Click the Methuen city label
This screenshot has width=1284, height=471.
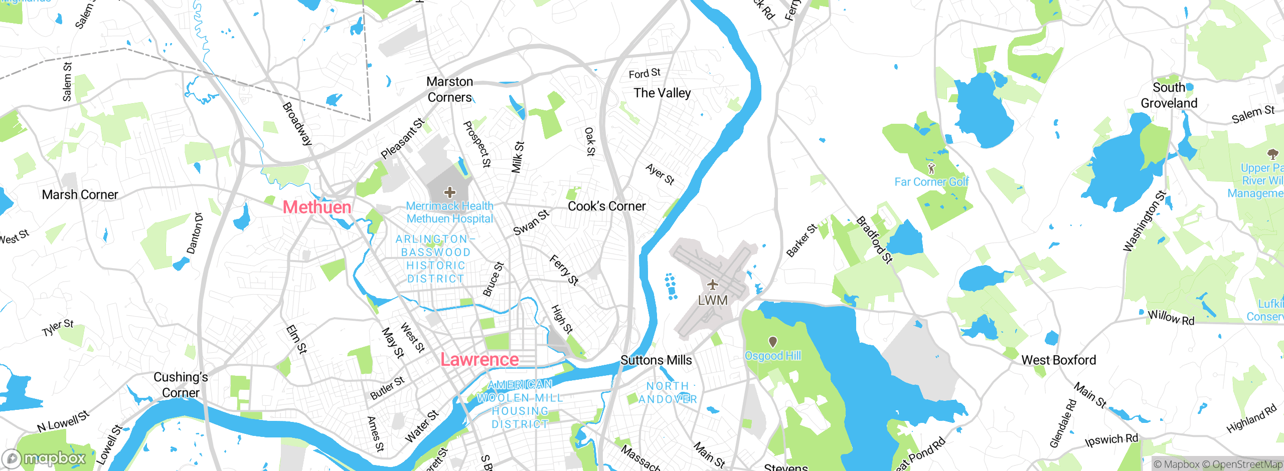(316, 207)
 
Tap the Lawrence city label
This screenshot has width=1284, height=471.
(479, 359)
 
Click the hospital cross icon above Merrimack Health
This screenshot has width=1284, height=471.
(450, 192)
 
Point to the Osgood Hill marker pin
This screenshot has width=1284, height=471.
(773, 342)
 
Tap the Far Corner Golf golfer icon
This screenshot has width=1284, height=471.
(931, 168)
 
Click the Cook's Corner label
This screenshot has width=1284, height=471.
(606, 206)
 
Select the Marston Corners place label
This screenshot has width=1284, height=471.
(449, 89)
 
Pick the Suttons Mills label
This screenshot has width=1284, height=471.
(656, 360)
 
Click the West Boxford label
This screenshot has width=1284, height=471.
(1058, 360)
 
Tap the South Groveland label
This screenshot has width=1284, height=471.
(1169, 95)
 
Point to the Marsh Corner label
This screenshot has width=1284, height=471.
(80, 194)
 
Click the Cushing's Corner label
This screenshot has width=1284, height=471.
(181, 384)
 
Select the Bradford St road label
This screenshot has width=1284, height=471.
(874, 240)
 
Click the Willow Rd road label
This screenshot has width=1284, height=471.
(1171, 318)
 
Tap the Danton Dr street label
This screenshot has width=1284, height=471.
(195, 233)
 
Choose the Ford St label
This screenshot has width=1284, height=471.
(645, 74)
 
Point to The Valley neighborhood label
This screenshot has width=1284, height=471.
(662, 93)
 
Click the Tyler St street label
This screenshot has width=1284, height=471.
(58, 328)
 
